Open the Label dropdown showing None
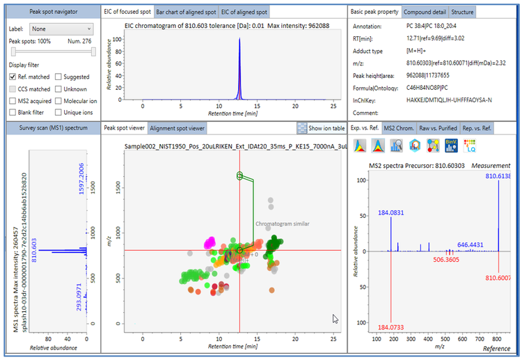(x=61, y=29)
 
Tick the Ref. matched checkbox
(x=13, y=77)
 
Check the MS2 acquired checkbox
(x=13, y=101)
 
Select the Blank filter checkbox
(x=13, y=113)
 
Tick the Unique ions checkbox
(x=58, y=113)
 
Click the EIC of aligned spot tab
(x=244, y=12)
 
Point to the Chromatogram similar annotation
(x=281, y=224)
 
